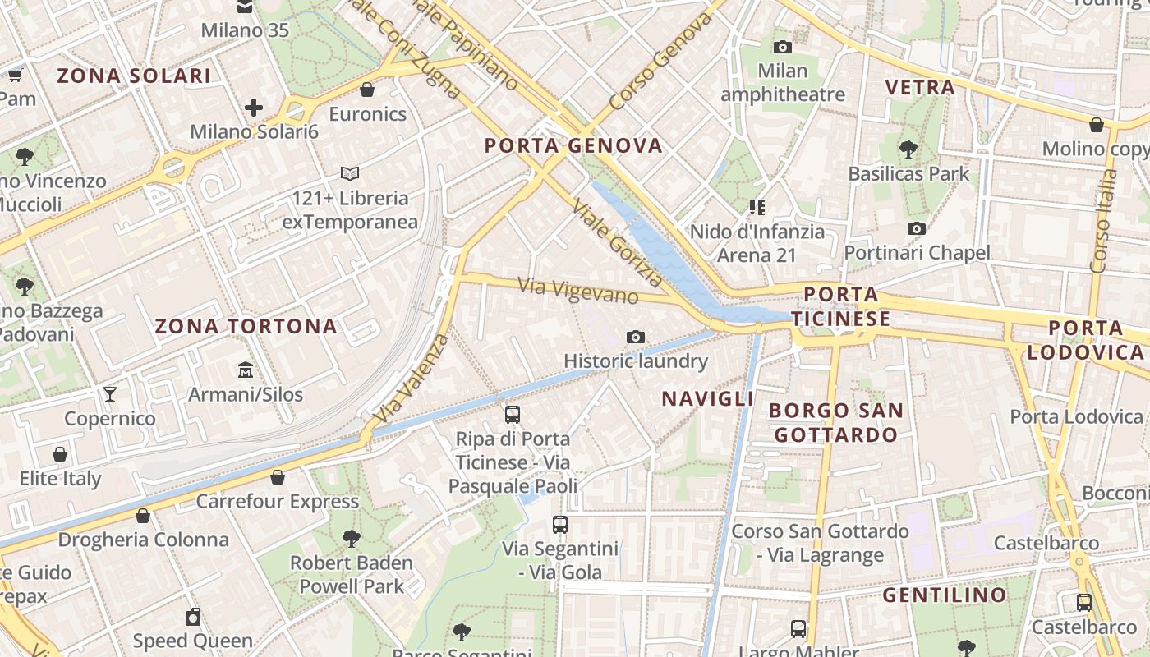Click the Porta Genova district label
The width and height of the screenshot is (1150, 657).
click(x=573, y=146)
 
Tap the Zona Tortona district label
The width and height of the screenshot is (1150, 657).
click(x=246, y=326)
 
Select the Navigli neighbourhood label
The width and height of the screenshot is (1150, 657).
click(x=707, y=399)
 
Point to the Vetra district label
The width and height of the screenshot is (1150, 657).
click(x=920, y=87)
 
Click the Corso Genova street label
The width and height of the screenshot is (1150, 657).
click(x=660, y=61)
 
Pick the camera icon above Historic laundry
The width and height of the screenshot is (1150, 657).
click(x=635, y=337)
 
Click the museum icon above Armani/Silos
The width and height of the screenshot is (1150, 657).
click(x=245, y=370)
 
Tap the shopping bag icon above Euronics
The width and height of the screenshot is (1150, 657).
click(x=367, y=90)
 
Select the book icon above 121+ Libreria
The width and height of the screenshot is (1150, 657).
click(x=350, y=174)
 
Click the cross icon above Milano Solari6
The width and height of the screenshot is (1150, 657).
click(x=254, y=108)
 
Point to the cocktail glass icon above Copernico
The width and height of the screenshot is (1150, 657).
click(x=109, y=394)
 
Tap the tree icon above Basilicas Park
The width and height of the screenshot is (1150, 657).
click(x=908, y=149)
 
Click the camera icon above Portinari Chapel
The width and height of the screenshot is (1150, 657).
click(x=917, y=228)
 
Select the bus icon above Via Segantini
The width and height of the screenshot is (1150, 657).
click(x=560, y=524)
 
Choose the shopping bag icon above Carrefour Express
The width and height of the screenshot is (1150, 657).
click(x=278, y=477)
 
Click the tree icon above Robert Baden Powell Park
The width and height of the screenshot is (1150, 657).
click(x=352, y=539)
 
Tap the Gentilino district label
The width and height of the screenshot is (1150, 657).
click(x=944, y=595)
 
